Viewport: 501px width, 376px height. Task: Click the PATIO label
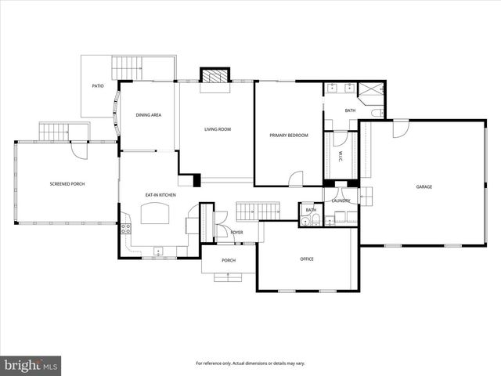click(98, 86)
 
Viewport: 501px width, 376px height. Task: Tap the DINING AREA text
click(149, 115)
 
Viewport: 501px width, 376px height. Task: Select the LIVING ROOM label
click(218, 129)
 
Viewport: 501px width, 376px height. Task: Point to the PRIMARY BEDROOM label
click(289, 136)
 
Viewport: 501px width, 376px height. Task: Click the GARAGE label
click(424, 186)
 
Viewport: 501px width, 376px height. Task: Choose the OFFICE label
click(307, 258)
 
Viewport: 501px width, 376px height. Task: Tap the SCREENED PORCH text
click(67, 183)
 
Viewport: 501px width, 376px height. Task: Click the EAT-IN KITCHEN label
click(160, 194)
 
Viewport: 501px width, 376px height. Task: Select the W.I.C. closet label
click(341, 156)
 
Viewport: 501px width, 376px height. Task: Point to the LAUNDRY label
click(341, 201)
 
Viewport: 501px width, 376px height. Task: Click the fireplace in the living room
click(214, 76)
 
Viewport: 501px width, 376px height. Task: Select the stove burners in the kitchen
click(124, 229)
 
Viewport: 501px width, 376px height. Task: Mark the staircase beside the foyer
click(258, 211)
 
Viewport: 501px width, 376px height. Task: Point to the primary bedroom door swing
click(296, 179)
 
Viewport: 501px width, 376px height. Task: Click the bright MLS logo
click(31, 365)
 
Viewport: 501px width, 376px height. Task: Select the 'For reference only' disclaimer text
click(250, 363)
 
